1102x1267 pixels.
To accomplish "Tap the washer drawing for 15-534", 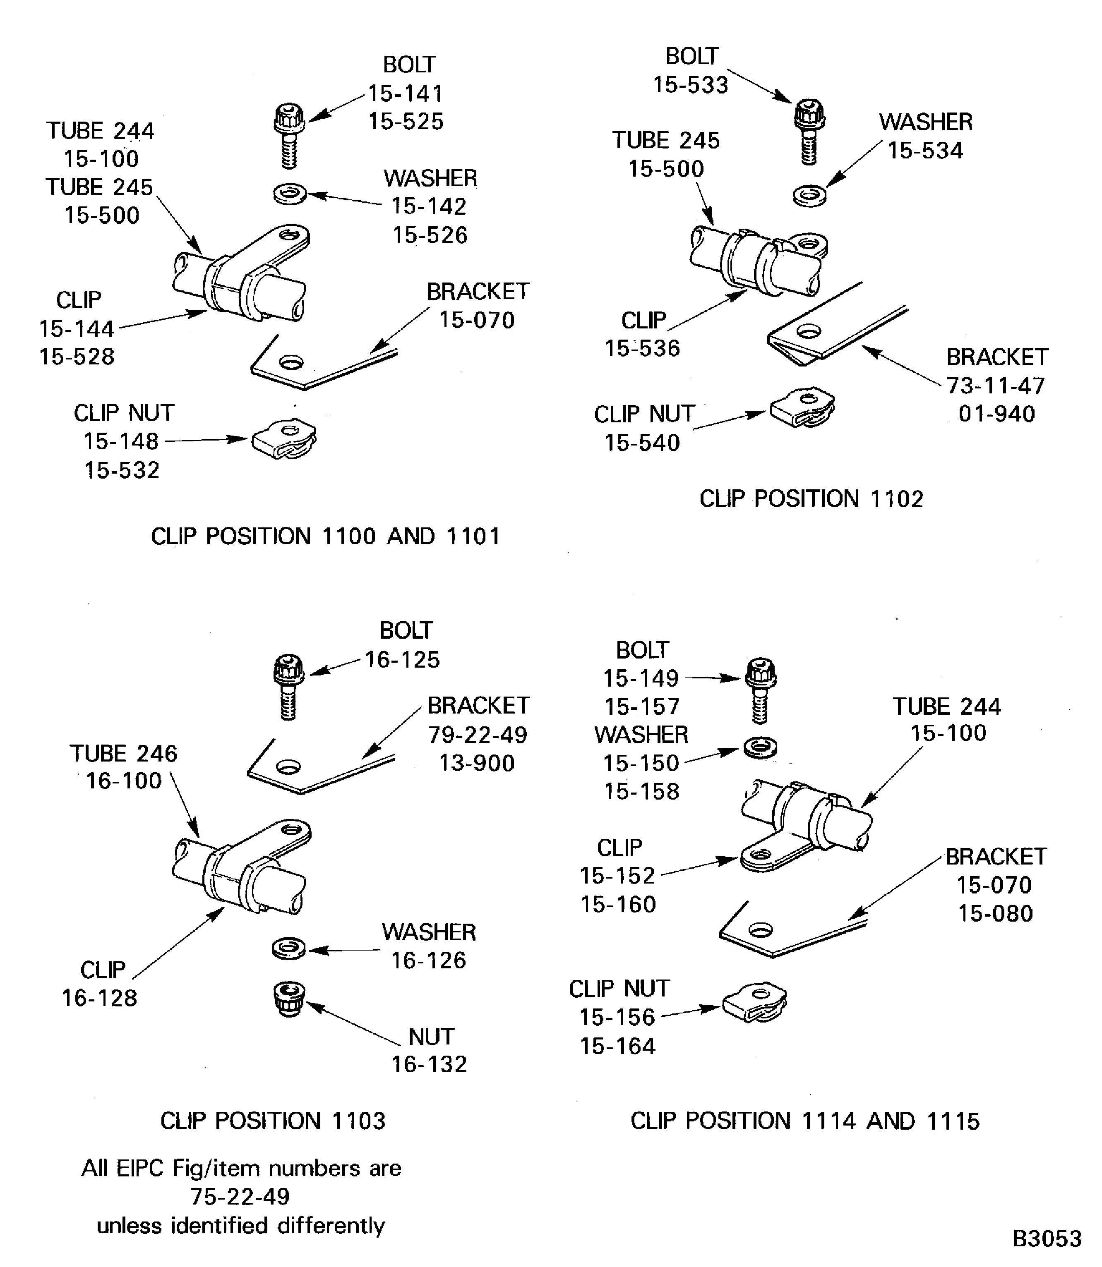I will (809, 196).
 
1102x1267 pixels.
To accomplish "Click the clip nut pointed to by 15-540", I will (802, 407).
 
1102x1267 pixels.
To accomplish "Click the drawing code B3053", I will (1047, 1238).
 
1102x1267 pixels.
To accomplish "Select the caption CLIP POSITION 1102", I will (811, 498).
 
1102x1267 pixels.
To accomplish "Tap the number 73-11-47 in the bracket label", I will (996, 386).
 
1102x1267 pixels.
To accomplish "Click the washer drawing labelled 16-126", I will (289, 948).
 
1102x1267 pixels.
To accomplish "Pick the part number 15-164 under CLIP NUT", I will (618, 1046).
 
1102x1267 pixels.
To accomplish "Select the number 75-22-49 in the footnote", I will (240, 1196).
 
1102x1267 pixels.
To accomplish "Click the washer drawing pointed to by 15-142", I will (290, 195).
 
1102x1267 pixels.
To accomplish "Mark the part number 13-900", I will (477, 763).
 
